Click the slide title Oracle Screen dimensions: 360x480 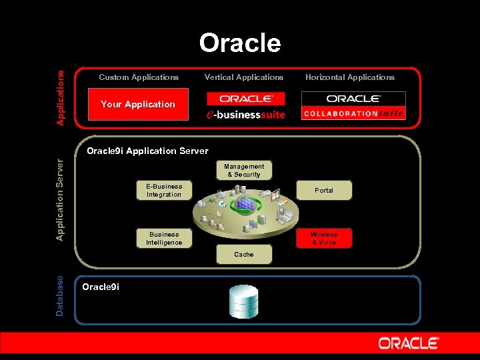click(240, 43)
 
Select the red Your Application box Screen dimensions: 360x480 click(138, 104)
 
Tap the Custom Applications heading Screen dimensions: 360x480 click(139, 77)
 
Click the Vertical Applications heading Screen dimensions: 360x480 click(244, 77)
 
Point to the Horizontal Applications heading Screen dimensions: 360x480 click(350, 77)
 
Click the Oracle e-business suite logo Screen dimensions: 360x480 click(246, 105)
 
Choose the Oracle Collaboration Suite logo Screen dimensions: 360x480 click(353, 105)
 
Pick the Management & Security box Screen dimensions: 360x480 click(244, 171)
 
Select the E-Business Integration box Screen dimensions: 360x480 click(164, 191)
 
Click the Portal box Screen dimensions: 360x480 click(324, 191)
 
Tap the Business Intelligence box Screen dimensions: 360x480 click(164, 239)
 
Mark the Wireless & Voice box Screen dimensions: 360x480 click(324, 239)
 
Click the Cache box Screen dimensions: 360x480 click(244, 255)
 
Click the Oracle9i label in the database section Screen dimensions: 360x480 click(100, 287)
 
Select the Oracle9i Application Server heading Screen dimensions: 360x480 click(147, 151)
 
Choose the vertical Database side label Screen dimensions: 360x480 click(61, 296)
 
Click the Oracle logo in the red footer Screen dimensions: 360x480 click(409, 344)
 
